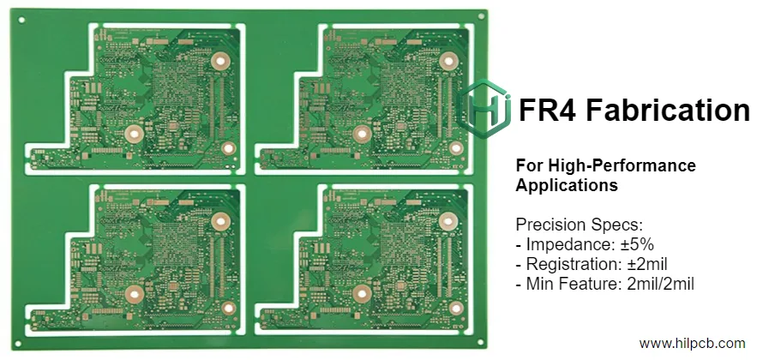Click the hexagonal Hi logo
[x=486, y=109]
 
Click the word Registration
[x=567, y=264]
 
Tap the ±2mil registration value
[x=640, y=264]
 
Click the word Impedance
[x=567, y=245]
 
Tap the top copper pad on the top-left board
[x=222, y=62]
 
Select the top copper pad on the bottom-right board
[x=447, y=220]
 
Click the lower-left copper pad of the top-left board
[x=133, y=133]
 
